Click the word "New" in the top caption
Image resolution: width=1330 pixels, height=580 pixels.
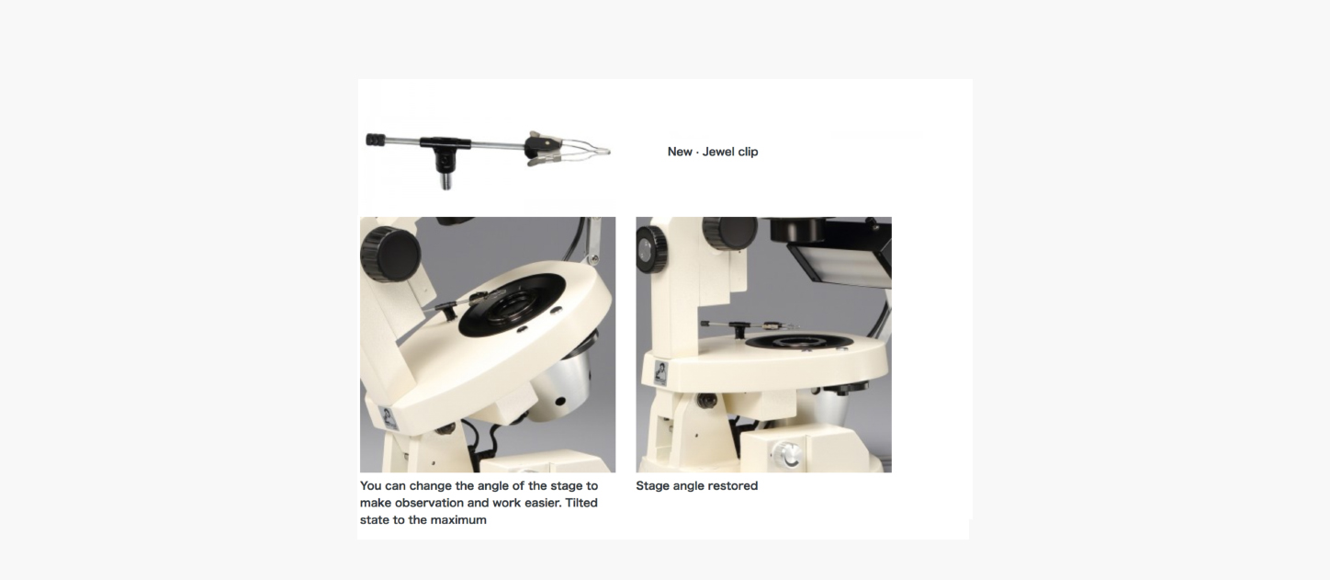click(680, 152)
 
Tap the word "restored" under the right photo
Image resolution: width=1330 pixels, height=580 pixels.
click(734, 485)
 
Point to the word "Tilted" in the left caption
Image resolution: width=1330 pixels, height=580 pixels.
click(581, 503)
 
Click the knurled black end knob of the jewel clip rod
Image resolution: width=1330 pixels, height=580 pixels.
click(376, 141)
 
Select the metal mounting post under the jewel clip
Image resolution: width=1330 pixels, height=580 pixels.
click(445, 178)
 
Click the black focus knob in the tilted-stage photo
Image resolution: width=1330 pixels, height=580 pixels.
click(390, 254)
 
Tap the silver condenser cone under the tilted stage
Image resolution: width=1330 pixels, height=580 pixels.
click(561, 383)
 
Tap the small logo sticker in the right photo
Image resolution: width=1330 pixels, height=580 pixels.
click(660, 373)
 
